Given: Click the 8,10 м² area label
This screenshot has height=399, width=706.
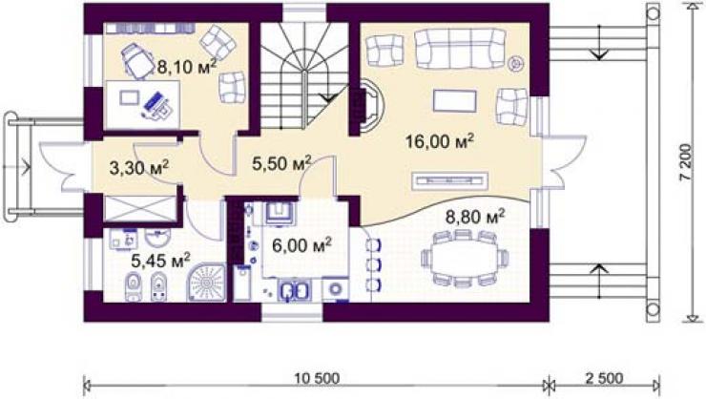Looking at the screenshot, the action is pyautogui.click(x=186, y=66).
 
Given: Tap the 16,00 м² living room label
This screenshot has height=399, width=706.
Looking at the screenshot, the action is pyautogui.click(x=440, y=141).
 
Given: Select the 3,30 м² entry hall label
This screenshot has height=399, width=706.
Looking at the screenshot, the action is pyautogui.click(x=139, y=168).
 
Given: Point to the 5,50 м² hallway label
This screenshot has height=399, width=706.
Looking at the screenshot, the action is pyautogui.click(x=281, y=163).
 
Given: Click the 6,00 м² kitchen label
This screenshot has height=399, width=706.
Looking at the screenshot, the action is pyautogui.click(x=301, y=245).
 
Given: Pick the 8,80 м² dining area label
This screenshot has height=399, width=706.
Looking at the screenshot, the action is pyautogui.click(x=475, y=217).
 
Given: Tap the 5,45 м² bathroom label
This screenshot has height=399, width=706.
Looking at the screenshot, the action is pyautogui.click(x=160, y=261).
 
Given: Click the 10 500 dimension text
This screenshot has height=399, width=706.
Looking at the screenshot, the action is pyautogui.click(x=318, y=378).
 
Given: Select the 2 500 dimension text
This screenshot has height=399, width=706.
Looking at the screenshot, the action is pyautogui.click(x=604, y=378).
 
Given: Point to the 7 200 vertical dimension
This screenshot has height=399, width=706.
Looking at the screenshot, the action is pyautogui.click(x=686, y=162).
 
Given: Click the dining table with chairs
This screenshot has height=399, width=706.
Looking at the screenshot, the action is pyautogui.click(x=466, y=258).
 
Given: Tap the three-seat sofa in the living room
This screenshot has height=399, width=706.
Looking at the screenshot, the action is pyautogui.click(x=460, y=49).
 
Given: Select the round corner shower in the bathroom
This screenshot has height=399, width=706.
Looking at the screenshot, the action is pyautogui.click(x=207, y=283).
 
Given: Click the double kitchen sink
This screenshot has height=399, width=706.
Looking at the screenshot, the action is pyautogui.click(x=295, y=290).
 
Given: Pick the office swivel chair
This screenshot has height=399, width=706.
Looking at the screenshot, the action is pyautogui.click(x=137, y=61).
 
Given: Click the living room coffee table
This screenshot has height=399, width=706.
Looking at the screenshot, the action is pyautogui.click(x=455, y=101).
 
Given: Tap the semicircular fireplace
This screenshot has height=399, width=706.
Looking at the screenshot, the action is pyautogui.click(x=371, y=105).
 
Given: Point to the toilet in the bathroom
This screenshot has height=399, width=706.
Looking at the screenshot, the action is pyautogui.click(x=134, y=286).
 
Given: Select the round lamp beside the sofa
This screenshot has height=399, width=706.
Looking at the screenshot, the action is pyautogui.click(x=514, y=63).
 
